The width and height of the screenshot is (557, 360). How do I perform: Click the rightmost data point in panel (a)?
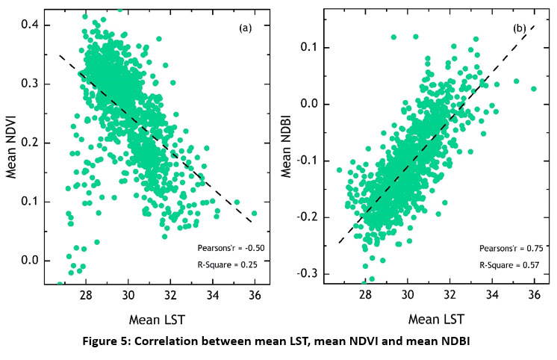point(254,214)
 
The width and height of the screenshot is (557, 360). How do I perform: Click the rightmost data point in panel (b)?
point(534,89)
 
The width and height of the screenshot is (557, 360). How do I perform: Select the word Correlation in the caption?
point(203,343)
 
